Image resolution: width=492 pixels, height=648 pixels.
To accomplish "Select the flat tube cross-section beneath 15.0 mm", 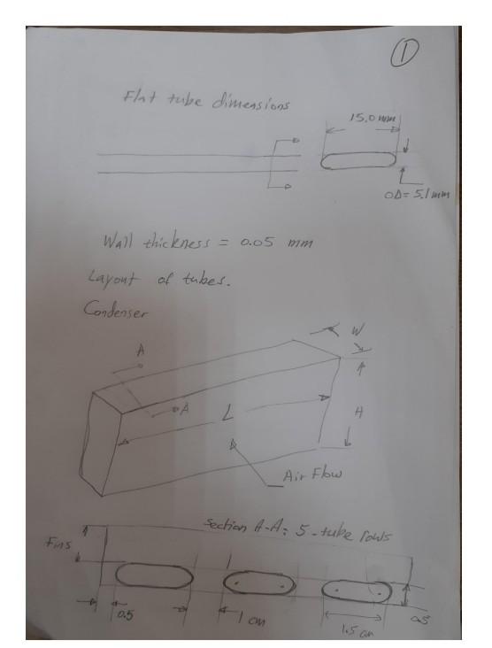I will tap(357, 160).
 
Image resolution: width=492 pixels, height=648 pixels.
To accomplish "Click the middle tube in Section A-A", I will tap(255, 583).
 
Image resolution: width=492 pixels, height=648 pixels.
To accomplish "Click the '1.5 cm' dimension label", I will tap(357, 631).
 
